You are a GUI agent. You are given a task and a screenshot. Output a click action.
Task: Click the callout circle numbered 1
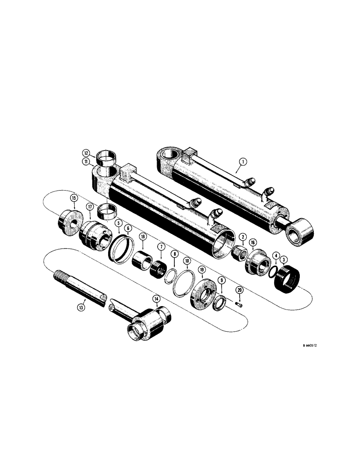(243, 163)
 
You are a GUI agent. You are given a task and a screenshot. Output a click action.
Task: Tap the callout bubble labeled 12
(87, 153)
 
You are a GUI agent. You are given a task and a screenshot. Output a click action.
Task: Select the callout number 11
(87, 162)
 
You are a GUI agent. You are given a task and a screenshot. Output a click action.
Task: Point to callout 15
(74, 199)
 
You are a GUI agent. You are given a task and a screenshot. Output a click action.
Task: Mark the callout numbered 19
(201, 270)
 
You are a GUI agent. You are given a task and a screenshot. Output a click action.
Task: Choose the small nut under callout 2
(240, 254)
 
